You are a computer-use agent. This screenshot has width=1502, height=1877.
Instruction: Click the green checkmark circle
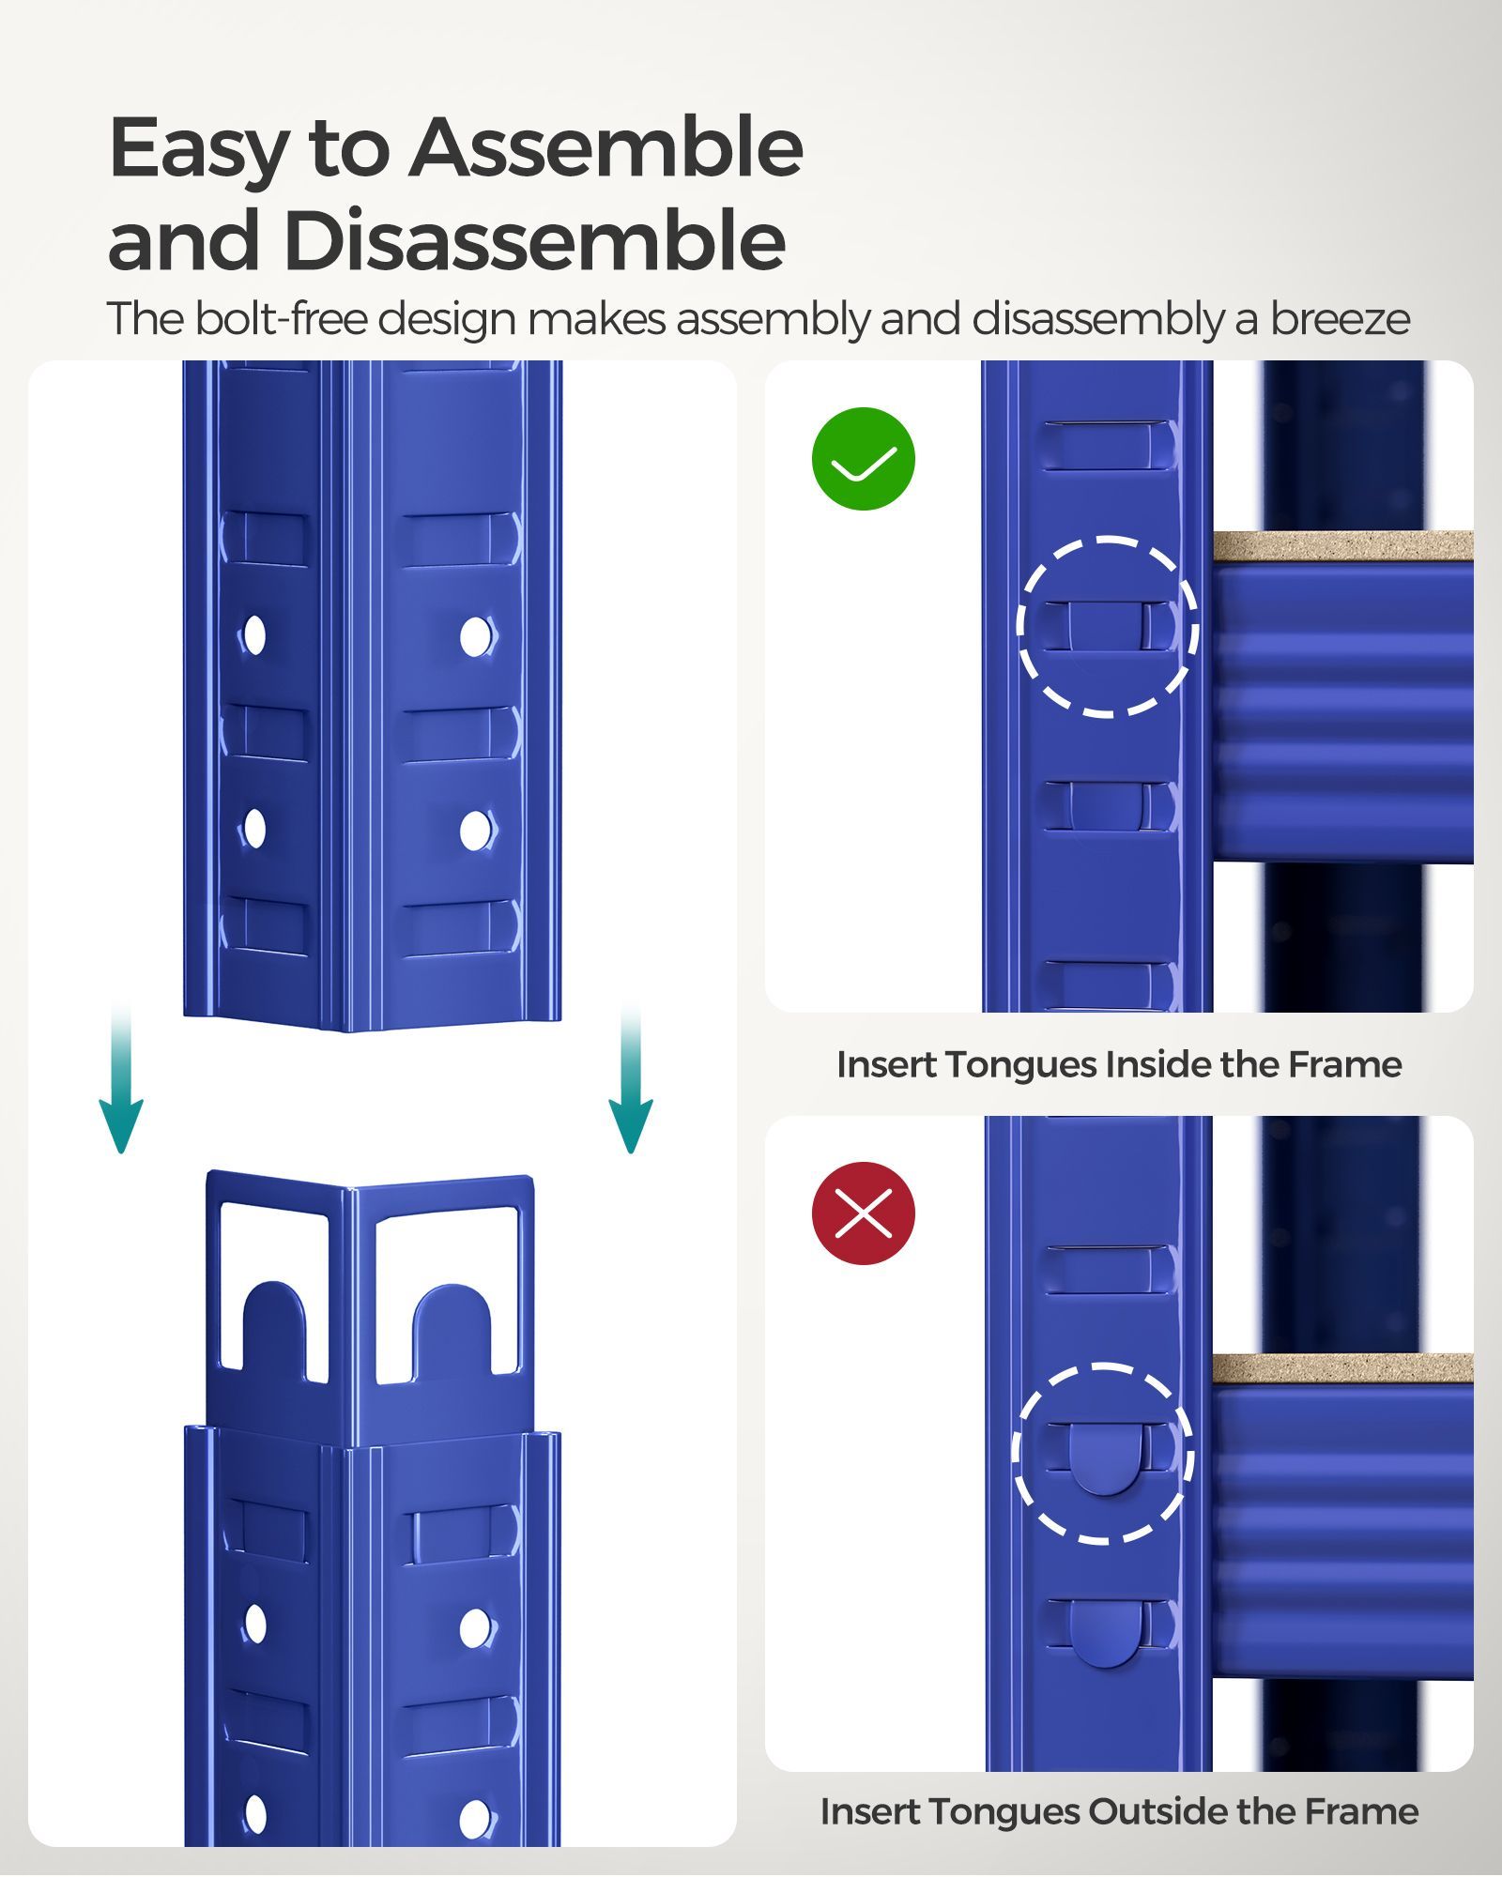(x=863, y=459)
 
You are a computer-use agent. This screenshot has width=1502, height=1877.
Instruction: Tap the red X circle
(x=863, y=1213)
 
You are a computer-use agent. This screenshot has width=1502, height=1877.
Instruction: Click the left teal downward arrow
(x=121, y=1079)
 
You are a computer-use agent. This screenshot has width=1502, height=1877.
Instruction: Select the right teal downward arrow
(x=631, y=1079)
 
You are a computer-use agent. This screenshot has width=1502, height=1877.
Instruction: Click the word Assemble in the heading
(x=605, y=148)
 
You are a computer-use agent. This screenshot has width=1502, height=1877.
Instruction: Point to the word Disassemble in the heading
(x=534, y=241)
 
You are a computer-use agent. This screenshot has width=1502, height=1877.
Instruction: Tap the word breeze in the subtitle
(x=1340, y=319)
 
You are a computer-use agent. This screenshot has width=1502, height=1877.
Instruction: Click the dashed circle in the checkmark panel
(x=1107, y=627)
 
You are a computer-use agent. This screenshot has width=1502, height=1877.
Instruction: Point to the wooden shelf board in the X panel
(x=1342, y=1367)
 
